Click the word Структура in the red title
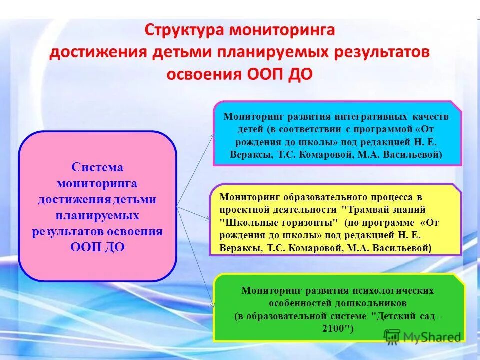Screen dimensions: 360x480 click(184, 30)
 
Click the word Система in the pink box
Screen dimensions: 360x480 click(97, 167)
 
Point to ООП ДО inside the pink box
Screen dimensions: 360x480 click(97, 247)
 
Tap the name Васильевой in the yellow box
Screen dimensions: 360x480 click(405, 248)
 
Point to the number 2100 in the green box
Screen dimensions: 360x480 click(338, 329)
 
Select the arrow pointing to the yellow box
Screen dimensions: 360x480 click(195, 212)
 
